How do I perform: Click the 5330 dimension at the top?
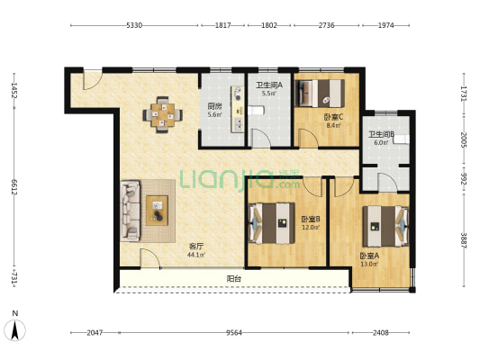(134, 25)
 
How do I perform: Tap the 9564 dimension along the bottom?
(234, 332)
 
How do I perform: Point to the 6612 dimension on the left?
(14, 186)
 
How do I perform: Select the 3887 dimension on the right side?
(464, 240)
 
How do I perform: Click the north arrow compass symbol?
(14, 329)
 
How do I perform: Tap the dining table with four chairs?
(162, 114)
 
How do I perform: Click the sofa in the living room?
(131, 211)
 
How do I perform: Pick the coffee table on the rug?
(157, 211)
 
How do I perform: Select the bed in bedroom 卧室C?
(320, 94)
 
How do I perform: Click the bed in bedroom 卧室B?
(272, 223)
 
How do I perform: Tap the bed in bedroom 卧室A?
(385, 226)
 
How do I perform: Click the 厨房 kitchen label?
(214, 106)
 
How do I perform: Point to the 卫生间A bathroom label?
(269, 85)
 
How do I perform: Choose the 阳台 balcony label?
(234, 279)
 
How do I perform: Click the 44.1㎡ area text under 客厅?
(196, 255)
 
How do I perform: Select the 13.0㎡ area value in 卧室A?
(369, 264)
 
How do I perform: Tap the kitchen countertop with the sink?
(237, 109)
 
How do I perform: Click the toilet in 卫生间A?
(256, 110)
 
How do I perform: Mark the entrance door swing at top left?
(92, 80)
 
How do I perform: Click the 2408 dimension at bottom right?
(381, 332)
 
